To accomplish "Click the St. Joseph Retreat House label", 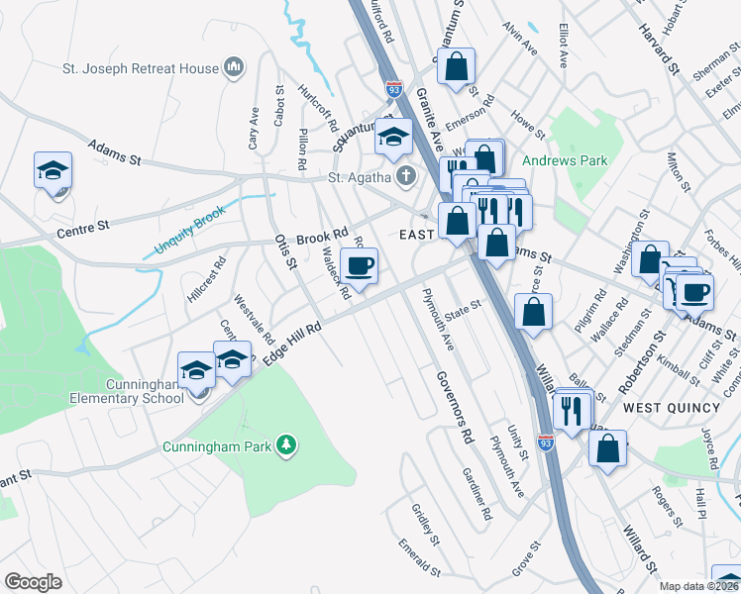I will [140, 68].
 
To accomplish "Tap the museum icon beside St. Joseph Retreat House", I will [234, 67].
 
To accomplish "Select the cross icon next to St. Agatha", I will [405, 178].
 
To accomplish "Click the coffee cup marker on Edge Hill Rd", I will [359, 265].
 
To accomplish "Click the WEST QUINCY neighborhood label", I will [671, 407].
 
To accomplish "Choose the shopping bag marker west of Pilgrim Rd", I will [533, 311].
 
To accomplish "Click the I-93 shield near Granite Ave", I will [394, 89].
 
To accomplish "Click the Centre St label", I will [82, 229].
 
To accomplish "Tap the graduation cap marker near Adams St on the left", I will [52, 170].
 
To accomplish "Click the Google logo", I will [33, 582].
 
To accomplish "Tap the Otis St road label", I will [285, 250].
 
